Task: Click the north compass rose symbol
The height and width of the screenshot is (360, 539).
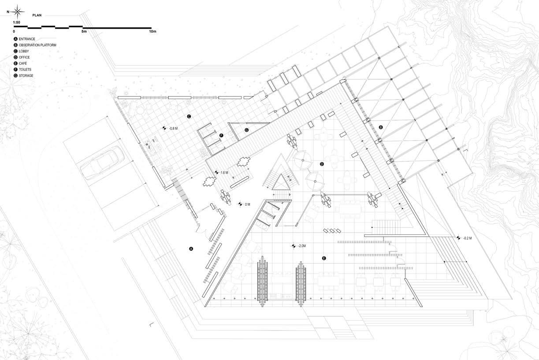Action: click(17, 11)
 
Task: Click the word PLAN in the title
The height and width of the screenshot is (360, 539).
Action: click(37, 15)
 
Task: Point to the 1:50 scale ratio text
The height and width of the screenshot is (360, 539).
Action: click(16, 22)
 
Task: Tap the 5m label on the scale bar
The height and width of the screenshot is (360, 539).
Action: click(84, 32)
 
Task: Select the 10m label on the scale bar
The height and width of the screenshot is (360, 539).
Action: click(152, 32)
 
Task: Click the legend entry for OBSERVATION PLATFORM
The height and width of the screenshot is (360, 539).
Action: click(35, 45)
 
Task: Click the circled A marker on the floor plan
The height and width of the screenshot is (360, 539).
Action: click(191, 249)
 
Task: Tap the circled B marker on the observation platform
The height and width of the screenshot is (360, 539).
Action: click(381, 127)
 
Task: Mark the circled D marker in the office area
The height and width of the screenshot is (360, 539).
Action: click(322, 164)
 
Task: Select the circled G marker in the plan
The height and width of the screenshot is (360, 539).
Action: click(246, 130)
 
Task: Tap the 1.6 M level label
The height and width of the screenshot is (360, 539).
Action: click(224, 173)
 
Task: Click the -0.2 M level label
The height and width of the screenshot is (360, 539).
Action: click(467, 238)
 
